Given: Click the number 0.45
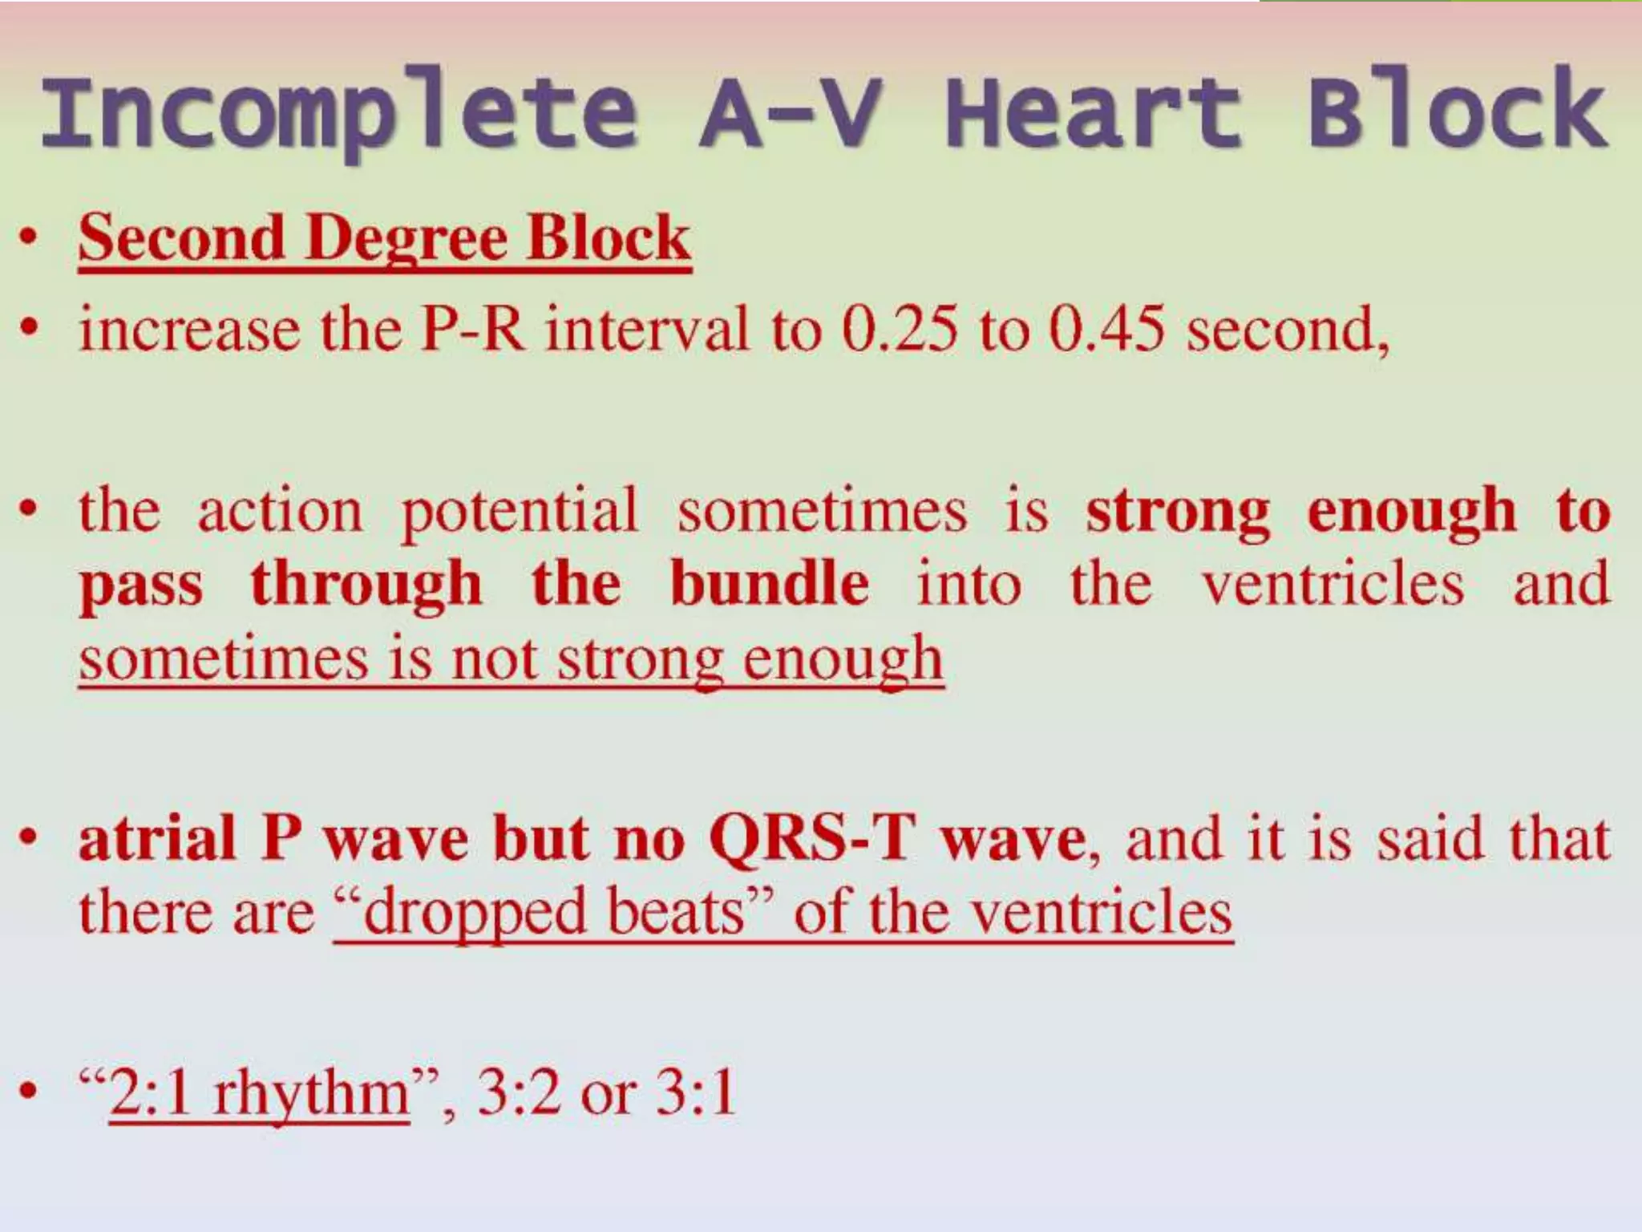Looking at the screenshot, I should tap(1106, 330).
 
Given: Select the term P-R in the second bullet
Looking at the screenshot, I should tap(473, 330).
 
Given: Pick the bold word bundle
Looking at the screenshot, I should tap(769, 584).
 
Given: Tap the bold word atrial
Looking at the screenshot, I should tap(157, 838).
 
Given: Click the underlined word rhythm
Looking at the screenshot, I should tap(311, 1094).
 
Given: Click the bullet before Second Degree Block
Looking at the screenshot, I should tap(29, 240).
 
